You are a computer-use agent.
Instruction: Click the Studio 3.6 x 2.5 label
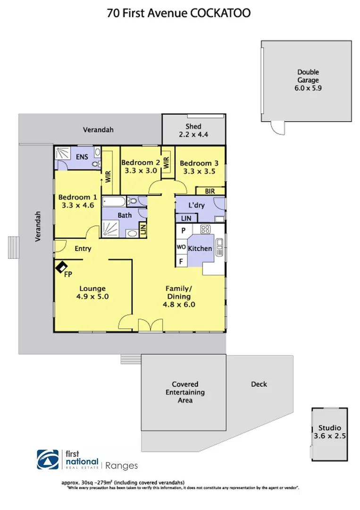(x=329, y=432)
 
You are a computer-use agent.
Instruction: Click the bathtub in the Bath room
(x=114, y=202)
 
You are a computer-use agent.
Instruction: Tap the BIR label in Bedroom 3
(x=210, y=191)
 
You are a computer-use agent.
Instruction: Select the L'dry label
(x=195, y=206)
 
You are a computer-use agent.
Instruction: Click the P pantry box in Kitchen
(x=182, y=231)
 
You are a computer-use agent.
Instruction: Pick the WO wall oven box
(x=182, y=247)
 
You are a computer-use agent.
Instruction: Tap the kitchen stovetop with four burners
(x=205, y=230)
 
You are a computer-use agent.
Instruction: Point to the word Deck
(x=259, y=384)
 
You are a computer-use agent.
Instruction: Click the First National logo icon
(x=49, y=459)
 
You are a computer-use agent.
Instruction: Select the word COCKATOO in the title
(x=220, y=13)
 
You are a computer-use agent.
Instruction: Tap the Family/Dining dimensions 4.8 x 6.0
(x=179, y=305)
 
